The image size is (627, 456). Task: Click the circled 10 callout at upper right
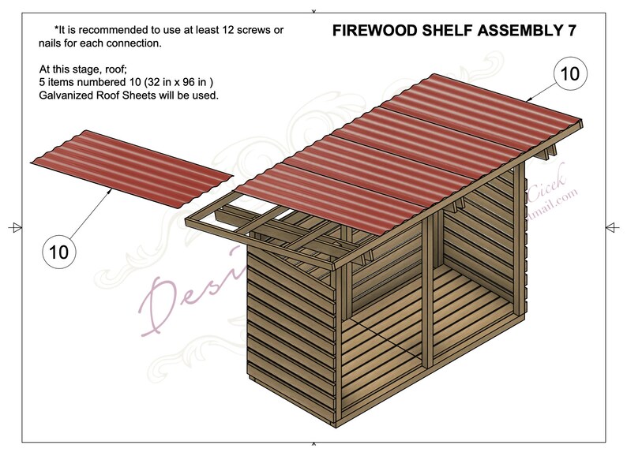click(x=569, y=74)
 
